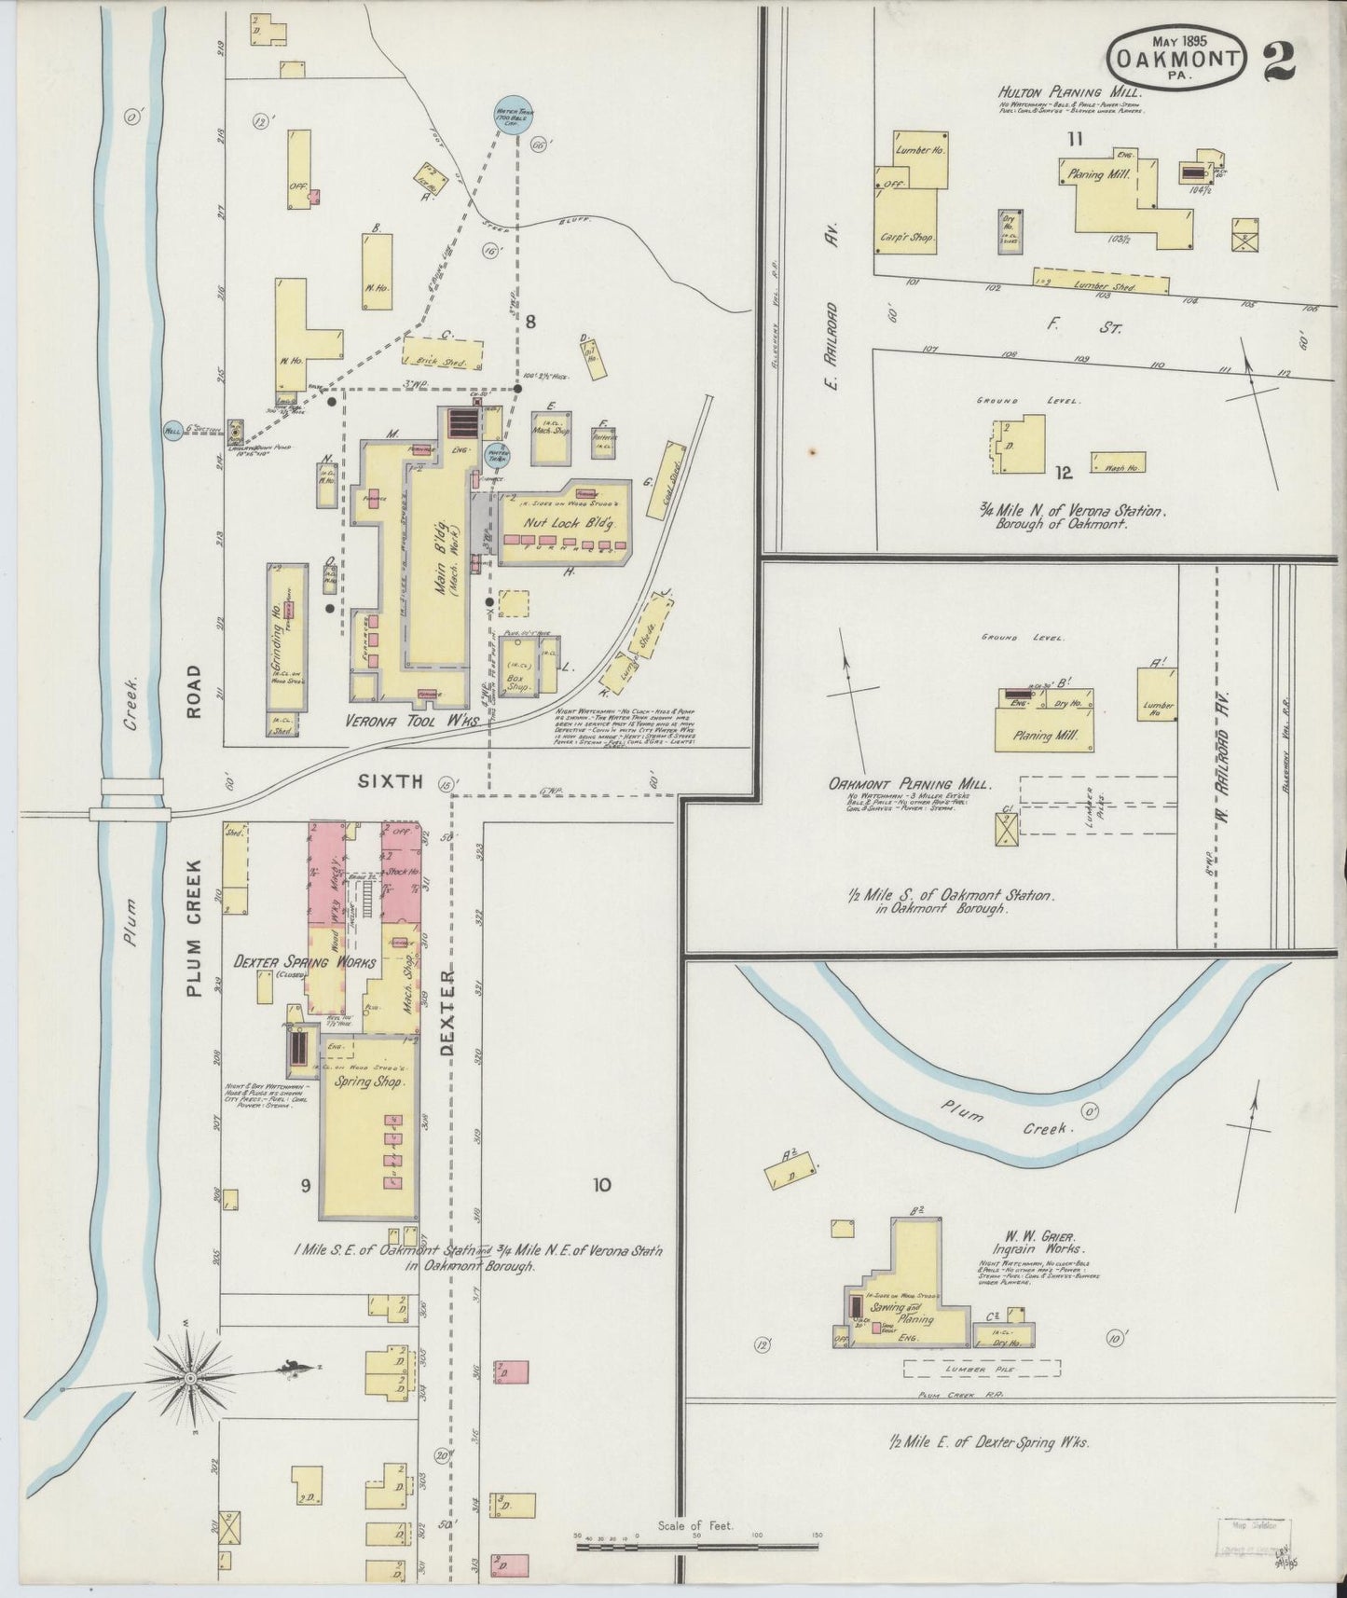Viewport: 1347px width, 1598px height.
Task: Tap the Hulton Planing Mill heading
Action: click(1070, 92)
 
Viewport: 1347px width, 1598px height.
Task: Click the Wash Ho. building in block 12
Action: click(1118, 462)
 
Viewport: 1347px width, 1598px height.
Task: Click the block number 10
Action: click(601, 1185)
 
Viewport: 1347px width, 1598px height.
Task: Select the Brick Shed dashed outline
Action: click(444, 355)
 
